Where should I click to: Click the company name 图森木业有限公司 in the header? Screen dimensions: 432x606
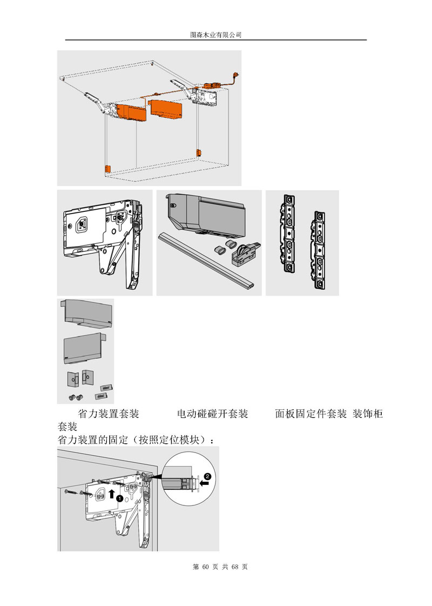coord(216,35)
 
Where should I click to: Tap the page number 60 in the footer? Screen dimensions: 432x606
coord(205,567)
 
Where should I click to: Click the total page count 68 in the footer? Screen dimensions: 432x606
coord(235,567)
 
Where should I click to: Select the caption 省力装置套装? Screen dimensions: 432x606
coord(109,414)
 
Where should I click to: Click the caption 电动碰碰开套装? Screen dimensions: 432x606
coord(212,414)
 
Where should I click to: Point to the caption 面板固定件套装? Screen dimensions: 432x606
coord(311,414)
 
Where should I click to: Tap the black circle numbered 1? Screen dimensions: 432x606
coord(120,498)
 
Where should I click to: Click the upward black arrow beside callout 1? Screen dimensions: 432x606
coord(112,494)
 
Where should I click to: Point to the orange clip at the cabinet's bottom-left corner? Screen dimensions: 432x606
coord(107,169)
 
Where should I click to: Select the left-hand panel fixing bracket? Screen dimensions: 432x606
coord(288,232)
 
